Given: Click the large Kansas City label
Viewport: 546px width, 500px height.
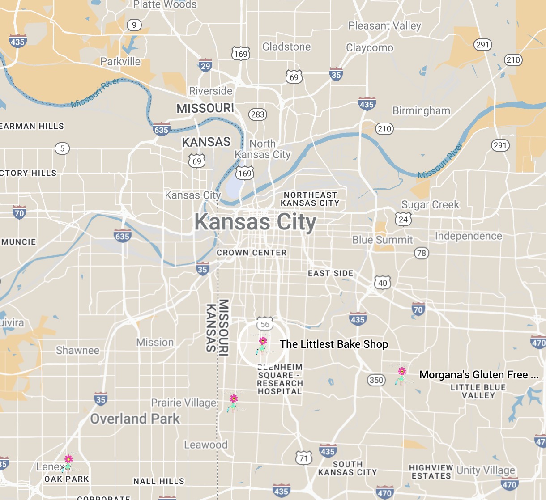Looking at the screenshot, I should pos(255,222).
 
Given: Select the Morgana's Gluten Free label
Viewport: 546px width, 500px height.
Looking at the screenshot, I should pos(478,375).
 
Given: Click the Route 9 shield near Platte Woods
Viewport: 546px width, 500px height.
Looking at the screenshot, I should pos(134,25).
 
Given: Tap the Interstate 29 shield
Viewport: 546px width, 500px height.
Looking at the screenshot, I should pos(205,66).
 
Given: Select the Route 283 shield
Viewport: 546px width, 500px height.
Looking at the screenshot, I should pos(258,114).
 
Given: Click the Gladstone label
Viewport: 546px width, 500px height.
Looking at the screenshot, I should pos(286,47).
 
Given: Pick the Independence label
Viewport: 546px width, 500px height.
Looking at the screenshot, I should pos(469,236).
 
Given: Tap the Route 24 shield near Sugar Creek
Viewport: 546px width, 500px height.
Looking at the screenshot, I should pos(403,219).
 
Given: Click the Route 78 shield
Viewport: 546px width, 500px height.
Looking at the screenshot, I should pos(421,253).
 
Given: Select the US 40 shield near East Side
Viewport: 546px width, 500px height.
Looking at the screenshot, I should pos(382,283).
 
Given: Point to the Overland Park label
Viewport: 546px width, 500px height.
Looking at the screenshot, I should pos(135,419).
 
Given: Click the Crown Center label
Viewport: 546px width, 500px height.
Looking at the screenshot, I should pos(252,253).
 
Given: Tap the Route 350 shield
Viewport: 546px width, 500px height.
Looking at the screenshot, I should pos(376,380).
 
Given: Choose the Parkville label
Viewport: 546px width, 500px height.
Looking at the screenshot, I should pos(120,62).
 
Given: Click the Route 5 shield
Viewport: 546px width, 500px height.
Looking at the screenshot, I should pos(62,148).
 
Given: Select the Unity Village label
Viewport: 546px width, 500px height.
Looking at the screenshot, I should pos(486,470).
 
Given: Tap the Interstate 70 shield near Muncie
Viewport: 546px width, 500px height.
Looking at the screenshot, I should pos(19,213).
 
